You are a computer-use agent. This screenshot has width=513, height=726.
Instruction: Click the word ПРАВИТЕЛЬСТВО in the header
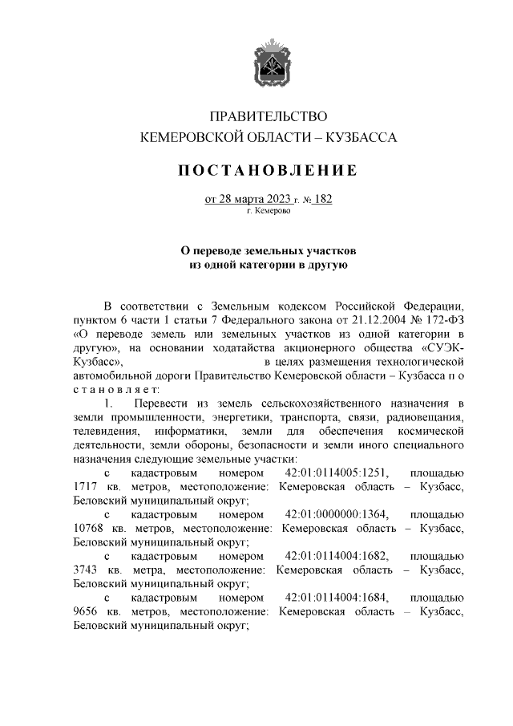pyautogui.click(x=269, y=117)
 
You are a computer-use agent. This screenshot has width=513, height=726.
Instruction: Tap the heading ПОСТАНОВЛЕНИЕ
pyautogui.click(x=268, y=170)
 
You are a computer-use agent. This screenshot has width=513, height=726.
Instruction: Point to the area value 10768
pyautogui.click(x=89, y=528)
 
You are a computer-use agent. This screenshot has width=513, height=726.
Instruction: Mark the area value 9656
pyautogui.click(x=86, y=612)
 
